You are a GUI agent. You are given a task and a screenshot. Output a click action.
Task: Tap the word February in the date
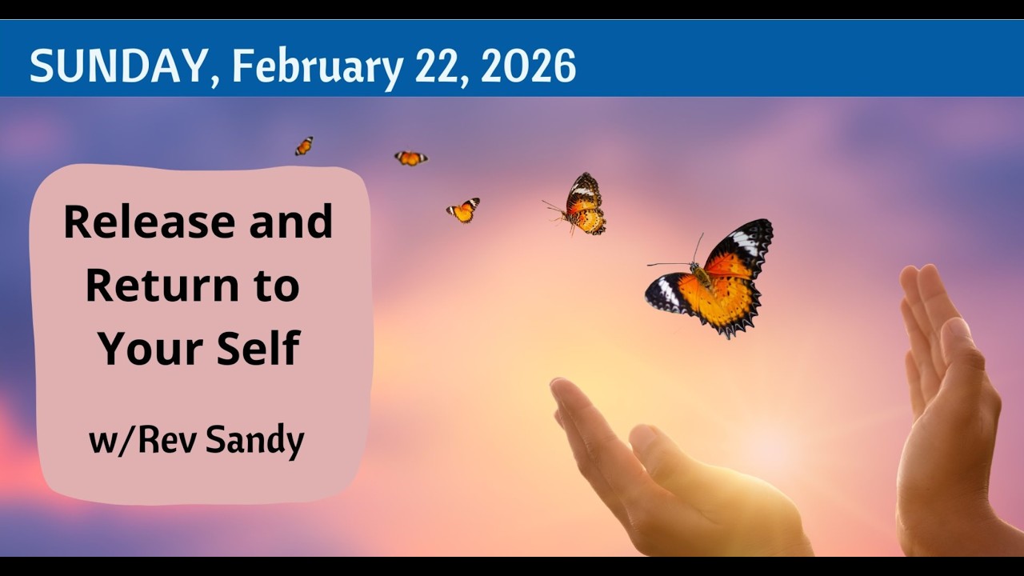coord(317,66)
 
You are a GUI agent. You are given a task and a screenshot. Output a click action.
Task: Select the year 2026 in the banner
coord(529,66)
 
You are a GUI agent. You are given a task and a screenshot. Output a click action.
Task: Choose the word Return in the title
coord(154,286)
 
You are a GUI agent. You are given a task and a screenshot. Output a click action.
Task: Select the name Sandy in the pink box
coord(255,441)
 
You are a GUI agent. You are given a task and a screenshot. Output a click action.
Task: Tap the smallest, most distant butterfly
coord(304,146)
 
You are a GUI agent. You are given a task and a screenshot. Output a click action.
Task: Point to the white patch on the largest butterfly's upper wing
coord(745,240)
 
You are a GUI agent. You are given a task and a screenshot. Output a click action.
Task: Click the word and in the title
coord(290,222)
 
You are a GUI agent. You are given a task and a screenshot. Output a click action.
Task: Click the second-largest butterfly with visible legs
coord(584,205)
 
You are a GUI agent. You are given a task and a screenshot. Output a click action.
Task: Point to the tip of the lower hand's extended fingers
coord(560,389)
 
